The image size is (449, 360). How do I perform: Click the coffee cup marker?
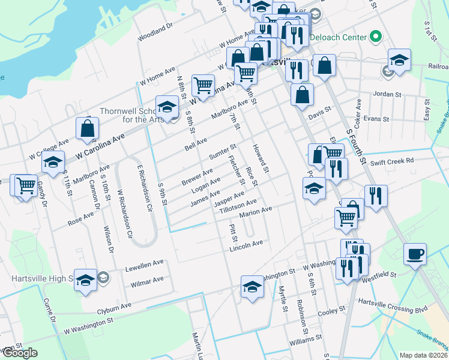pos(415,254)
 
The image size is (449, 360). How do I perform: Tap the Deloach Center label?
pos(339,37)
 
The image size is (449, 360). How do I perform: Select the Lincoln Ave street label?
pos(247,244)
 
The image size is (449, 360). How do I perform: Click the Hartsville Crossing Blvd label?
pos(392,302)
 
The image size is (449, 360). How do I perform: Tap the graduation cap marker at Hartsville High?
pos(85,280)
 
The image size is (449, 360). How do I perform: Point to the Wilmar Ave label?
pos(147,280)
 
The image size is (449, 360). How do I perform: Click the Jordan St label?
pos(387,94)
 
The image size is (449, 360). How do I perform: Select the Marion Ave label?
pos(256,212)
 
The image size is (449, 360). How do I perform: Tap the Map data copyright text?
pos(423,355)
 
